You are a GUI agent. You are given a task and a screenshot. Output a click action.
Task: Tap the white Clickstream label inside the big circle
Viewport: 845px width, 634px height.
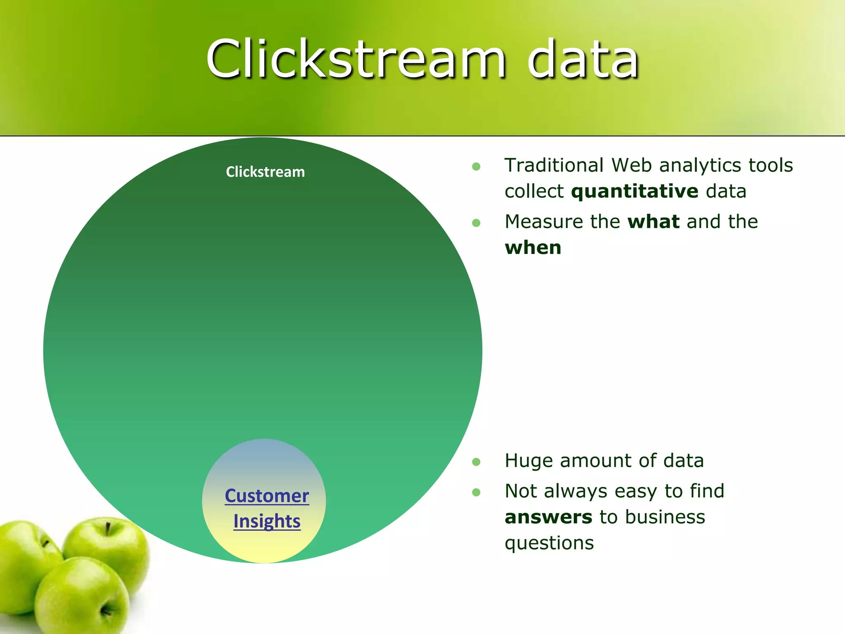pos(265,172)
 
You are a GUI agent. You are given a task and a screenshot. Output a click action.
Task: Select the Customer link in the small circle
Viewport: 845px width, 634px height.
pos(267,496)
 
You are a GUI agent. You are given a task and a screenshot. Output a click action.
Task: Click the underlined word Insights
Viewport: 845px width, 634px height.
pos(267,521)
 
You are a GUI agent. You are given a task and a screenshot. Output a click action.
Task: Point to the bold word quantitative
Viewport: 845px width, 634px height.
pos(635,192)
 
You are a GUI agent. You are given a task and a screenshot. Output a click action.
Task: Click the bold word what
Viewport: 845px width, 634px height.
pos(653,222)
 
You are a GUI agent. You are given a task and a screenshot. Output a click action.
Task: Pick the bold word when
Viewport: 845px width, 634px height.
pos(533,248)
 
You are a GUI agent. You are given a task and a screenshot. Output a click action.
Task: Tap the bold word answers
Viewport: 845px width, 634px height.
pos(548,517)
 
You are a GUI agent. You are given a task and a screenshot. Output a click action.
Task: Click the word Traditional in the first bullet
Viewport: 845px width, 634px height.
pos(554,166)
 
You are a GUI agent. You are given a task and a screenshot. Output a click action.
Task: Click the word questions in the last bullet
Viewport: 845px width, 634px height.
pos(549,543)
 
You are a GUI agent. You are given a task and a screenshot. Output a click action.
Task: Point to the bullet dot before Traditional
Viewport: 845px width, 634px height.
pos(476,166)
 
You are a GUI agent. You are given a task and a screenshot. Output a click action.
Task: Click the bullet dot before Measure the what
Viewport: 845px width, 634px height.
pos(476,223)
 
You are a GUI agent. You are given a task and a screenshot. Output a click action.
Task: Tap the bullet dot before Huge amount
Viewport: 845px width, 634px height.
pos(476,461)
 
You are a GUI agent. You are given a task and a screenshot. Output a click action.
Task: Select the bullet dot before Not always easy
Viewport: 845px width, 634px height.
pos(476,492)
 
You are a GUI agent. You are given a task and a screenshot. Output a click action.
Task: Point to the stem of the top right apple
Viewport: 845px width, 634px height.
pos(108,528)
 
